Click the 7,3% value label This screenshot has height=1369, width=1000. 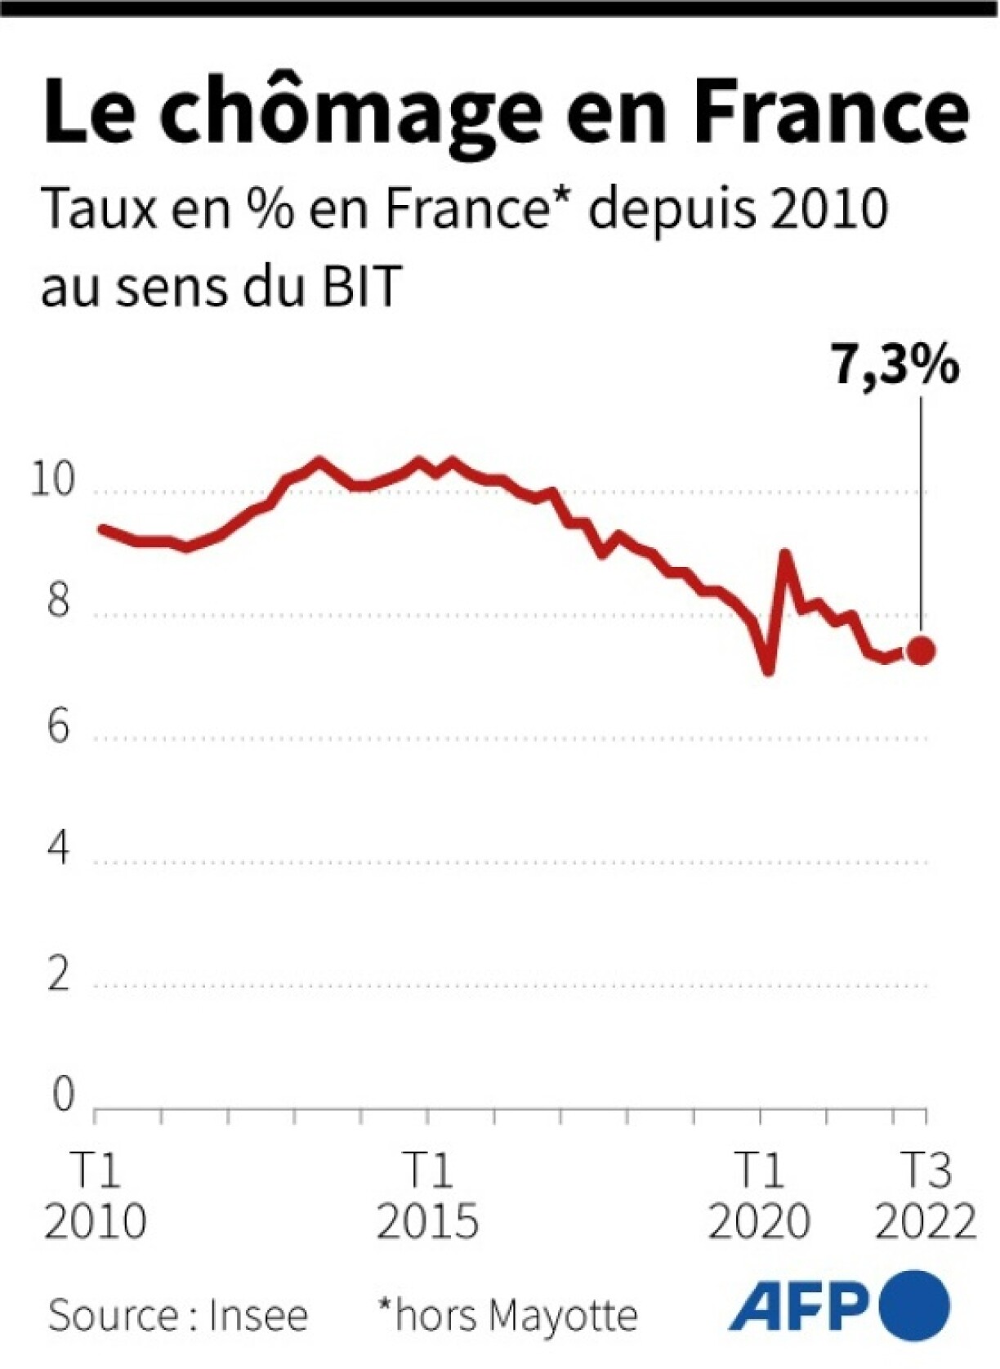[x=894, y=364]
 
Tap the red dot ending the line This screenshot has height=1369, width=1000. [x=921, y=651]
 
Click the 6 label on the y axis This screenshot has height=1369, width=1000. [x=58, y=726]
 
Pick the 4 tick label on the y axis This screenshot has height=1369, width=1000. [x=58, y=849]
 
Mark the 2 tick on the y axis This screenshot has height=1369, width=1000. [x=58, y=974]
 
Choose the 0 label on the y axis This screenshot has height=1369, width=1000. [x=62, y=1095]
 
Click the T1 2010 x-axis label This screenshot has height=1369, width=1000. [x=95, y=1197]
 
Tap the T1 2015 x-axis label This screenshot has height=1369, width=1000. [x=426, y=1197]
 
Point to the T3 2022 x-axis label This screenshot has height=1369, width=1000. [x=925, y=1197]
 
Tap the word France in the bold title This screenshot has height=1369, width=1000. [x=830, y=110]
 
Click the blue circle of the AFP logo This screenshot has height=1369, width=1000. [x=914, y=1305]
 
